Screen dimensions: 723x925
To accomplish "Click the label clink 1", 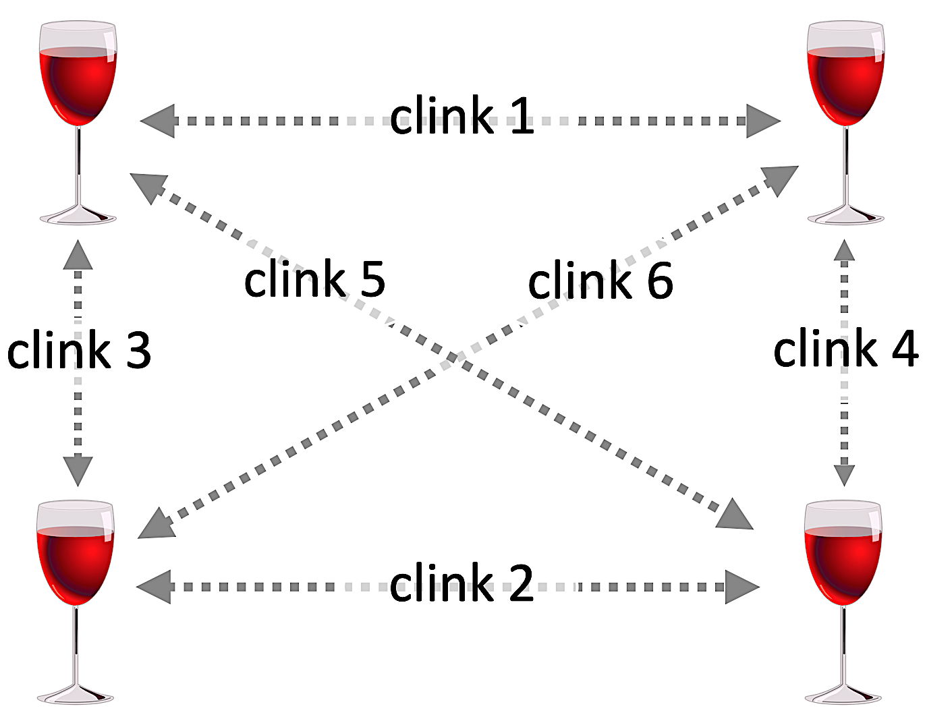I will point(462,115).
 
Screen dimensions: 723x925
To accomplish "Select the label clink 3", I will point(79,350).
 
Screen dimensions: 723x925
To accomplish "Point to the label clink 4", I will point(845,349).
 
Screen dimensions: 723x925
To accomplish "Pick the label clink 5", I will point(314,278).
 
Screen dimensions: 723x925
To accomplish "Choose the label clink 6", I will point(600,280).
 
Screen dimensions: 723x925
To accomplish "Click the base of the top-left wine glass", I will point(78,216).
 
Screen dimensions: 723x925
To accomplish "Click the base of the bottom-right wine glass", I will point(843,695).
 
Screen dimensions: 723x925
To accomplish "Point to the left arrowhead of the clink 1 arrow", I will point(159,121).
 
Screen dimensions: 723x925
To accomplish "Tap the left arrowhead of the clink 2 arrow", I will point(154,587).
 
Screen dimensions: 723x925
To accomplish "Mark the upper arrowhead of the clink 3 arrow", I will point(78,256).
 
